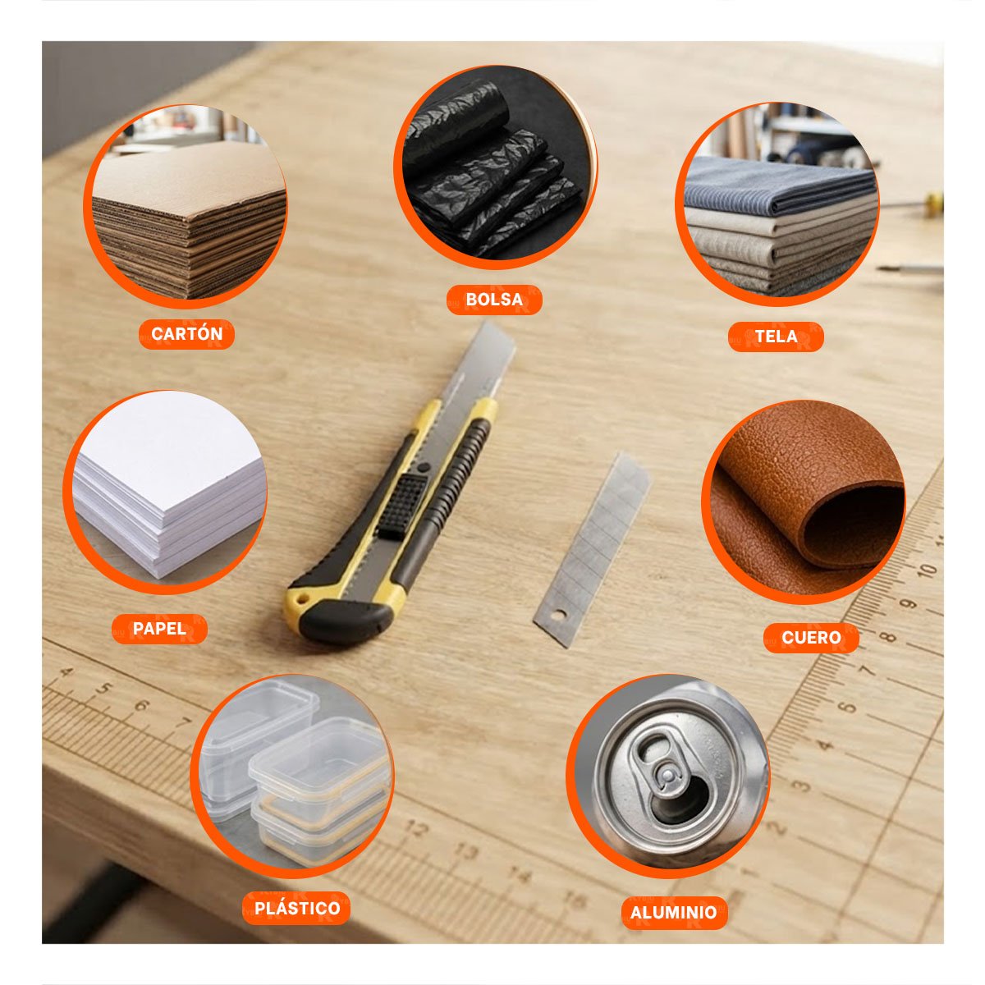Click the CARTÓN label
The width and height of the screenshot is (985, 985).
pyautogui.click(x=186, y=334)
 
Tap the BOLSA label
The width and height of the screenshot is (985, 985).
pyautogui.click(x=494, y=300)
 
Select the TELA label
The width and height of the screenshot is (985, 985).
pyautogui.click(x=776, y=337)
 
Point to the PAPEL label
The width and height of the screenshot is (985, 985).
pyautogui.click(x=159, y=628)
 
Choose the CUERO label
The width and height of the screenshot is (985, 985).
pyautogui.click(x=811, y=638)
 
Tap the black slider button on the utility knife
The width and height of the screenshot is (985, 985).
pyautogui.click(x=402, y=506)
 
